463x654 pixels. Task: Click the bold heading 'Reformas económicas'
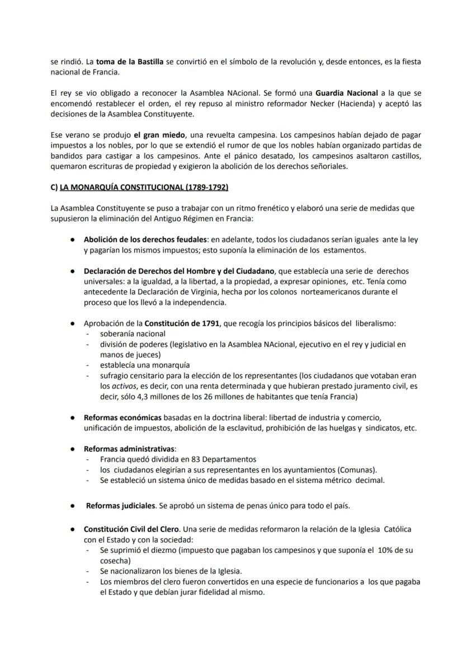pos(122,417)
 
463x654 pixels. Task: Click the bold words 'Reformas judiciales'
pos(120,506)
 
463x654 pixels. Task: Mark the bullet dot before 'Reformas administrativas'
pos(73,449)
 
